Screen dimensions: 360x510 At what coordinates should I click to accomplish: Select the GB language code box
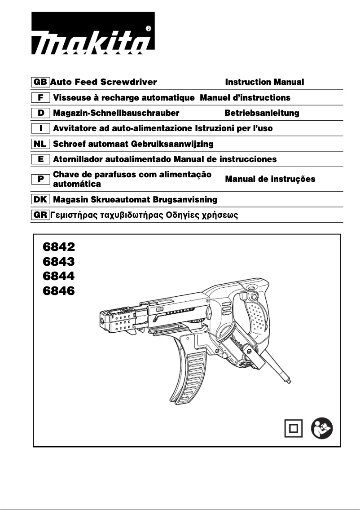[x=40, y=82]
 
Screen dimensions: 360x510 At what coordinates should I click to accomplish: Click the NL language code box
[x=40, y=144]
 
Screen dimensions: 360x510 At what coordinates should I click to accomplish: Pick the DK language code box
[x=40, y=199]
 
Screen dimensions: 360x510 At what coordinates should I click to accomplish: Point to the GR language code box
[x=40, y=215]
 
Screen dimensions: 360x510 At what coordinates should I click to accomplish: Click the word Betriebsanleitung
[x=262, y=113]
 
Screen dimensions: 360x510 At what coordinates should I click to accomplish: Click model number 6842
[x=58, y=247]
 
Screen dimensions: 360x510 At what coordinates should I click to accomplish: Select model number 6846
[x=58, y=291]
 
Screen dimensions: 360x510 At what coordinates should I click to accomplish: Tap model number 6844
[x=58, y=276]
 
